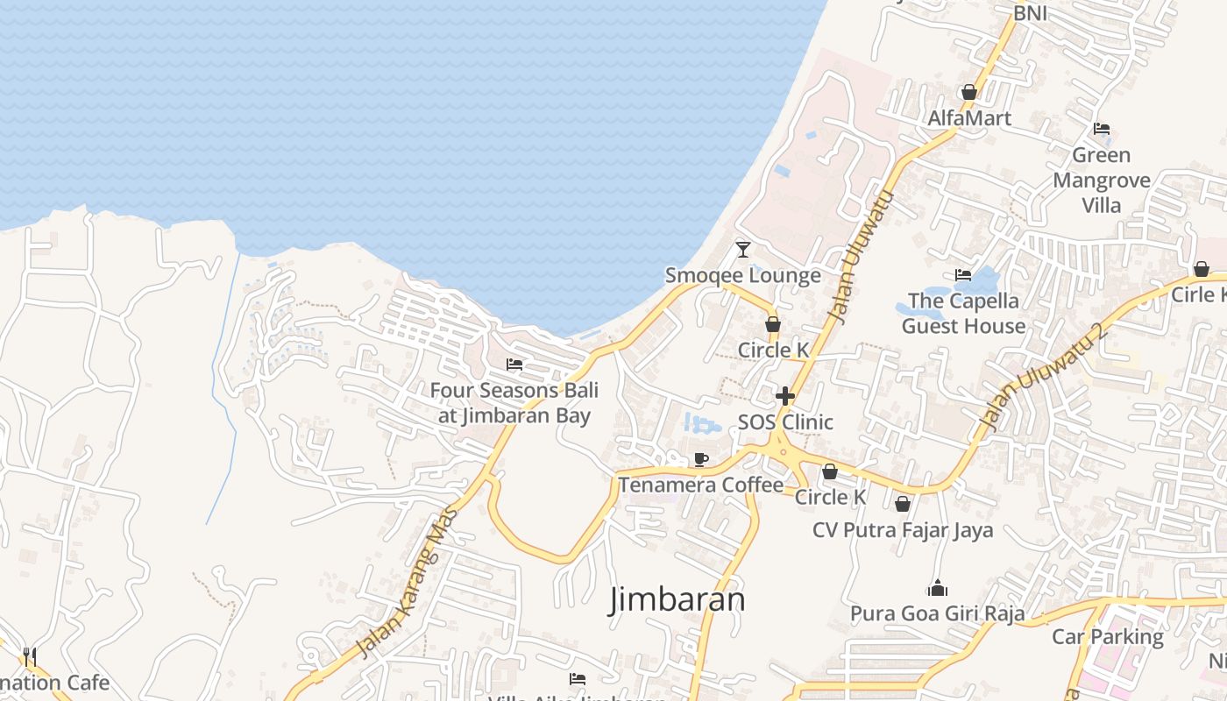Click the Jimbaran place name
[x=677, y=599]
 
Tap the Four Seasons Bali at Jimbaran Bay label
[x=514, y=402]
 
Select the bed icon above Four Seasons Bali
[x=514, y=365]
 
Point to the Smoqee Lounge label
[x=742, y=275]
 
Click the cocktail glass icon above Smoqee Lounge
[x=743, y=250]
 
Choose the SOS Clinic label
[x=785, y=422]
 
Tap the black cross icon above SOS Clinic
[x=785, y=396]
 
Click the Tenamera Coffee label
[x=701, y=485]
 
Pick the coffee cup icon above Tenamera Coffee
[x=701, y=459]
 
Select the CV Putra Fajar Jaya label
[x=903, y=530]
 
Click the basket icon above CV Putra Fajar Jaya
[x=903, y=505]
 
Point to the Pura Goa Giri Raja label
[x=937, y=613]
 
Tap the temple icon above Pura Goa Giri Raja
[x=937, y=588]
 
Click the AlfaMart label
[x=969, y=118]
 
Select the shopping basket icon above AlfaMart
[x=969, y=92]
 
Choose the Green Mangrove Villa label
[x=1102, y=180]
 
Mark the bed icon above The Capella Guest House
[x=963, y=275]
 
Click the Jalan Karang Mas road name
[x=408, y=580]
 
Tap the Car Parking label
[x=1108, y=637]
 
